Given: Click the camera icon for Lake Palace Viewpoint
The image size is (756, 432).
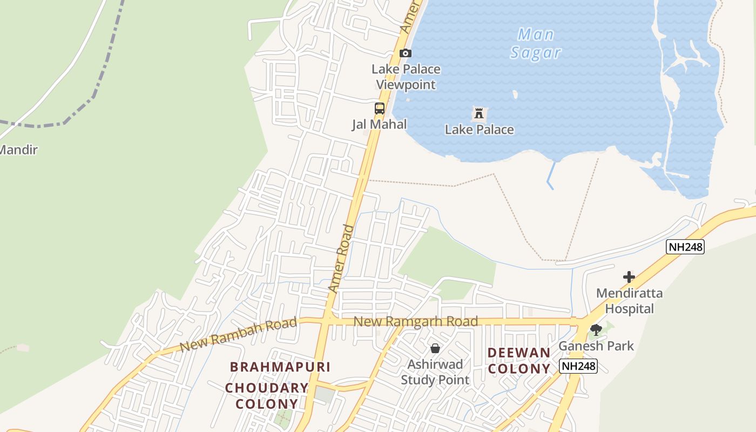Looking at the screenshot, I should (405, 53).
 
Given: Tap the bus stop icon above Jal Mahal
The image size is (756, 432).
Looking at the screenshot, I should (380, 108).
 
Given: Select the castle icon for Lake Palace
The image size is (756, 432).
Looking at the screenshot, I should (478, 113).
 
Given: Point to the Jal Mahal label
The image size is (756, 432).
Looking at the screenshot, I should (379, 124).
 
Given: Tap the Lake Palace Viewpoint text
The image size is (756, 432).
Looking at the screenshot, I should (406, 77).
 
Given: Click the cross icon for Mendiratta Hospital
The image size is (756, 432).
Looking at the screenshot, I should (629, 277).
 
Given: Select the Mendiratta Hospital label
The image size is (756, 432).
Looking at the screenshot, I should (629, 301).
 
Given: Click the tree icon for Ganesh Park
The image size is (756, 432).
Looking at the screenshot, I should (596, 329).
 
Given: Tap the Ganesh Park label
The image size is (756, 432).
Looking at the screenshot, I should (596, 346).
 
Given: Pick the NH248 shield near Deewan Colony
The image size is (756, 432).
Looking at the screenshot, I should (578, 366).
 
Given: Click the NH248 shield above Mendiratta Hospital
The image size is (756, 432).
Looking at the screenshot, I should (685, 247).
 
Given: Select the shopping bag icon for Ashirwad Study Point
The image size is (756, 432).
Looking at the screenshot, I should (435, 348).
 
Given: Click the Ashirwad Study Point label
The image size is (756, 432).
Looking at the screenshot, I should (435, 372).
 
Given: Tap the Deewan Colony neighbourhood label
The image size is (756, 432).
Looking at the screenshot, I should (519, 361).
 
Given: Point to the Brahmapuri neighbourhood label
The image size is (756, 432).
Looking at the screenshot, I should (280, 367).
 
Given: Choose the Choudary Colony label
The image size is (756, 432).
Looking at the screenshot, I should (267, 395).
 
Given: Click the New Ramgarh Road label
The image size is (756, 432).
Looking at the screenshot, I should (415, 322).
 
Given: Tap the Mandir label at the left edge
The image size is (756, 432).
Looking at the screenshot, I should (18, 150).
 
